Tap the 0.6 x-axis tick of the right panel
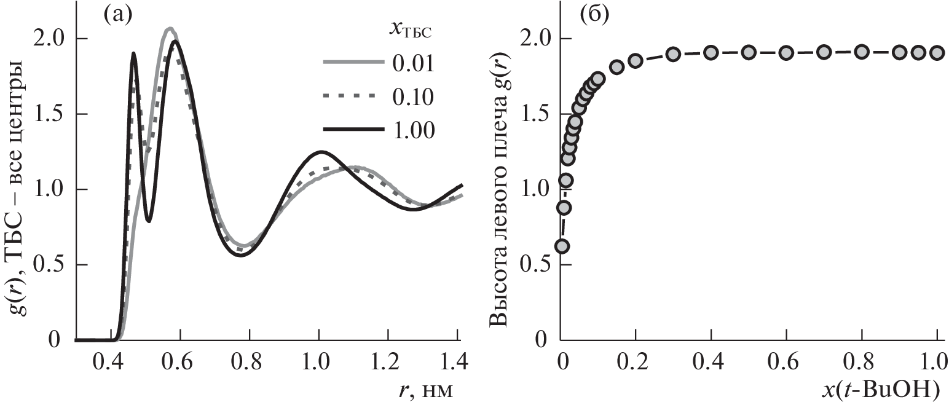tap(786, 360)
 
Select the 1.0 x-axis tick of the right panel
tap(936, 360)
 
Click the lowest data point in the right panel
tap(561, 246)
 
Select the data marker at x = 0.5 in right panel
tap(748, 52)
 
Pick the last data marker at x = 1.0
tap(936, 53)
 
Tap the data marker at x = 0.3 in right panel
tap(673, 54)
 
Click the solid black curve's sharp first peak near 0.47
tap(133, 55)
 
